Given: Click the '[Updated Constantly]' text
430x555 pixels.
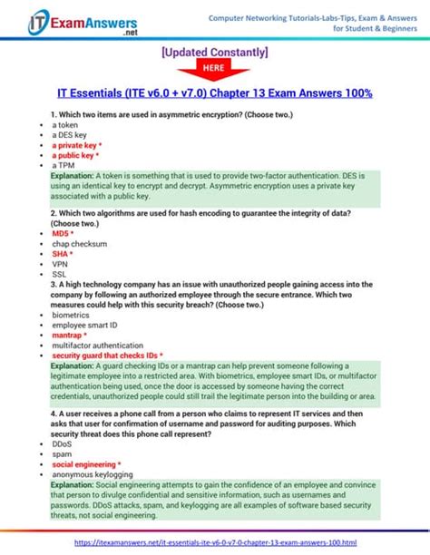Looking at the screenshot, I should pos(215,53).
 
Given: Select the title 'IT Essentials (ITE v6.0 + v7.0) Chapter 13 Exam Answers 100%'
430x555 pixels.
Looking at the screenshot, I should pos(215,93).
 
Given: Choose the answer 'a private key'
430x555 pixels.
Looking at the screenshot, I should pos(74,145).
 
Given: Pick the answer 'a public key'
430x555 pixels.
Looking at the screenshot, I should pos(73,155).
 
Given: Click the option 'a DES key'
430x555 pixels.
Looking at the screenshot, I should pos(69,134).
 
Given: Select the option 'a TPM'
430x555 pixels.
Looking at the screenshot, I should pos(64,166).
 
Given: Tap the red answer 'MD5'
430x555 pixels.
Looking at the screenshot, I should pos(63,233).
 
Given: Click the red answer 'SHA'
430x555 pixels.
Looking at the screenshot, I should pos(61,254).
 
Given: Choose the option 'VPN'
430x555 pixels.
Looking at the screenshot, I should pos(61,264).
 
